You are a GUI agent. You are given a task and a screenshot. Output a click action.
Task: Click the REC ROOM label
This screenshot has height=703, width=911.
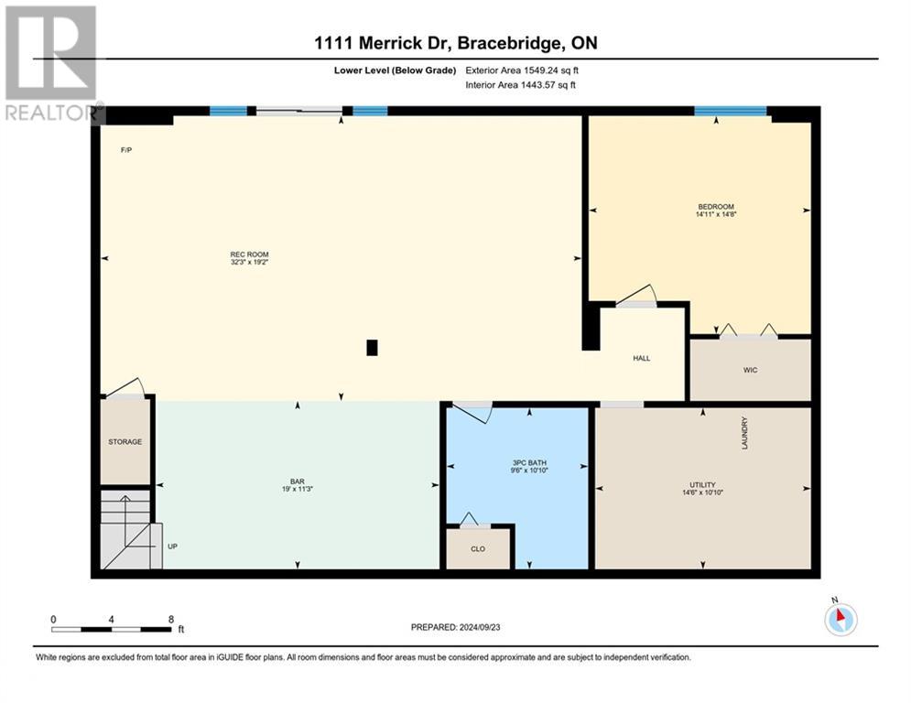(249, 254)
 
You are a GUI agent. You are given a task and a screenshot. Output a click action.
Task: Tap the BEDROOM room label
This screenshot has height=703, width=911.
(716, 207)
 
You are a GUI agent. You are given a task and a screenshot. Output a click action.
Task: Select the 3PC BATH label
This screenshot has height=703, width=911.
(529, 463)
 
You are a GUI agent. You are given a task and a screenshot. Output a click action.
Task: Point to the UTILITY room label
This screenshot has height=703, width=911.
(702, 484)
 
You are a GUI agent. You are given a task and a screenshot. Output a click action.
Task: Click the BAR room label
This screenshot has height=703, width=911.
(298, 481)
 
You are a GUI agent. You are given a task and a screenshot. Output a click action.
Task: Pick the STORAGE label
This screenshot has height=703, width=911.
(125, 441)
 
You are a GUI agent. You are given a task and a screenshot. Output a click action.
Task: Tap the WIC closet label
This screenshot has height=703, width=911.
(750, 370)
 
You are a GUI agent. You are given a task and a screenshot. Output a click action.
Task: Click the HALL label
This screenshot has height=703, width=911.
(642, 359)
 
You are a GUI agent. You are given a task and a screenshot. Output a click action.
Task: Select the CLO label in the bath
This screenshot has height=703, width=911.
(478, 549)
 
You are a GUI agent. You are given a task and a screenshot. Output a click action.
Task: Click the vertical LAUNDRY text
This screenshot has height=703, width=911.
(744, 433)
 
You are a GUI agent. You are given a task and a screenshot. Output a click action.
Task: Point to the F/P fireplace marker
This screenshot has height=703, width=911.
(126, 150)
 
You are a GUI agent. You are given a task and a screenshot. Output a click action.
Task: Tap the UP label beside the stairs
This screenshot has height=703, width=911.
(172, 546)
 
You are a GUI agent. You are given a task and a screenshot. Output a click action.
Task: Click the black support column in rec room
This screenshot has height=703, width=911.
(372, 348)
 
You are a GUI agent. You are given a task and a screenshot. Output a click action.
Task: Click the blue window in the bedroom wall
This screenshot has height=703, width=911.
(731, 112)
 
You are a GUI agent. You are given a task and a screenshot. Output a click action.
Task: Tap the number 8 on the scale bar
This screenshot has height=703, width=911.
(171, 620)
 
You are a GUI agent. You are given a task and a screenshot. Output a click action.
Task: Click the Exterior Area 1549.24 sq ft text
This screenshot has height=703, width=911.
(522, 70)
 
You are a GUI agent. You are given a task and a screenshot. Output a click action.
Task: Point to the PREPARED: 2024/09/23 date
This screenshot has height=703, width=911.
(456, 627)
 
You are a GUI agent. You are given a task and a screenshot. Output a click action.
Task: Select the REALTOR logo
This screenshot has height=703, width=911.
(52, 64)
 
